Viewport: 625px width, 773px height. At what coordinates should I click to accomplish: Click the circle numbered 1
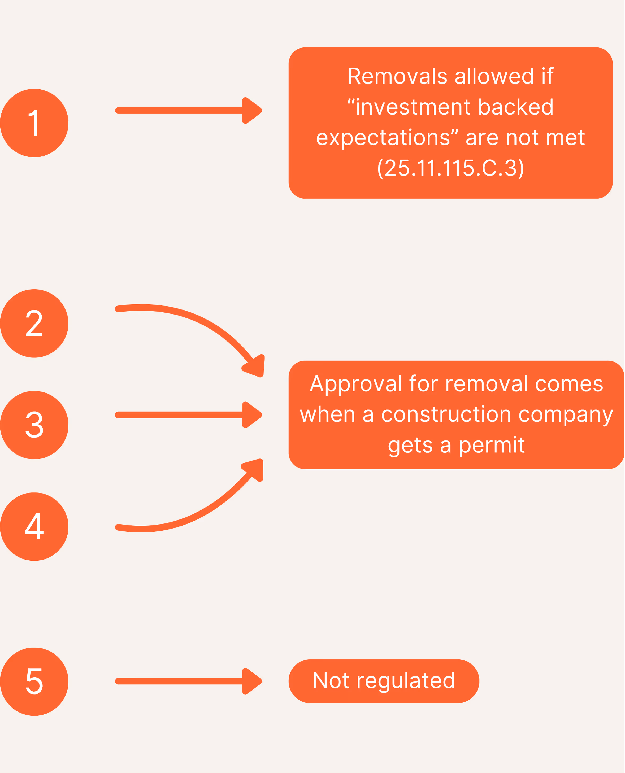point(34,123)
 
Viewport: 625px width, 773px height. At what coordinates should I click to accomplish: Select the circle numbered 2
point(34,323)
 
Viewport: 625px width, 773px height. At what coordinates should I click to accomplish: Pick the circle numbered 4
point(34,526)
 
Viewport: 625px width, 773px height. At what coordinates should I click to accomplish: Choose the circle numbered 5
point(34,681)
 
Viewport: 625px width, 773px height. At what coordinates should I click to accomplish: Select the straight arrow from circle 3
point(180,415)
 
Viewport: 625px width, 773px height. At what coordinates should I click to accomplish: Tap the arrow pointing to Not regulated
point(180,681)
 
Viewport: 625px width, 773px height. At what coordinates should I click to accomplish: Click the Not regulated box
point(384,681)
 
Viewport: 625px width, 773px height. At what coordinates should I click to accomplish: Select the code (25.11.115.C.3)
point(450,168)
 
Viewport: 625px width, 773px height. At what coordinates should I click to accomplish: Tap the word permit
point(492,445)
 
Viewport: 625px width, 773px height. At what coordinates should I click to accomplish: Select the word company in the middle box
point(566,415)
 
